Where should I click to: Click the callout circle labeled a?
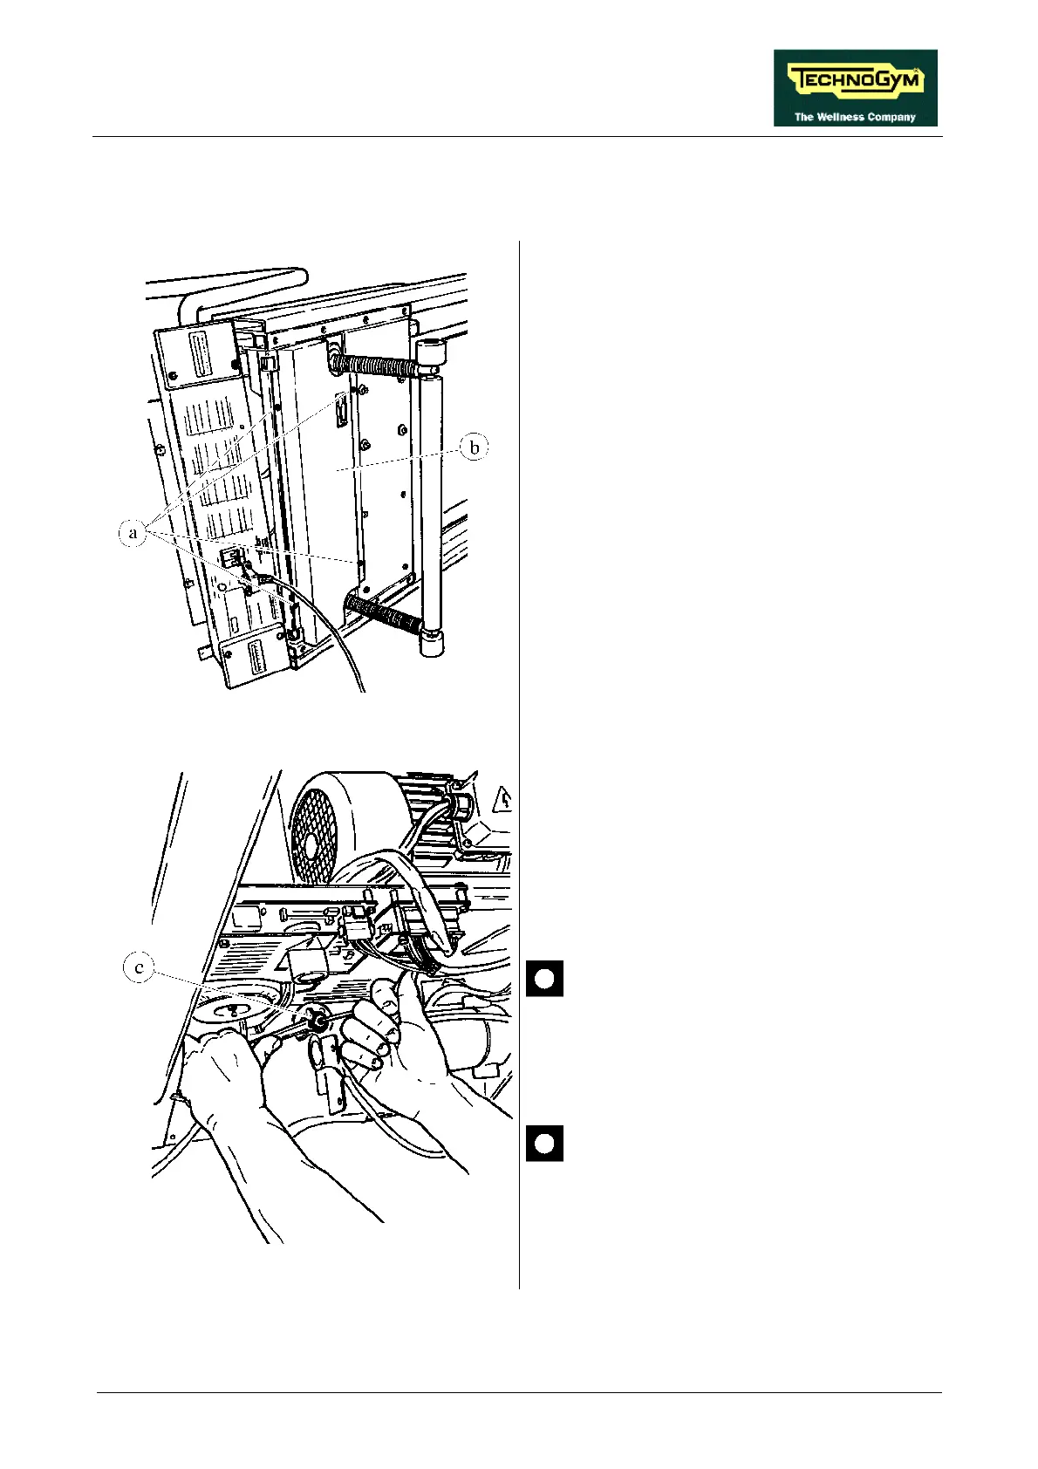[133, 533]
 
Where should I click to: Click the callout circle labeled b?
[474, 448]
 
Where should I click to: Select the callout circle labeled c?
[139, 968]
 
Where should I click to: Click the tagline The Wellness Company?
[855, 117]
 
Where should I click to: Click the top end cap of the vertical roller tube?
[431, 352]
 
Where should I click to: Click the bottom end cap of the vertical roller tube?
[431, 643]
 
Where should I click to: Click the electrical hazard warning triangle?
[503, 798]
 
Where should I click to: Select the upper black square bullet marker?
[543, 979]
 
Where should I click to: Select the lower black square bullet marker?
[543, 1144]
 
